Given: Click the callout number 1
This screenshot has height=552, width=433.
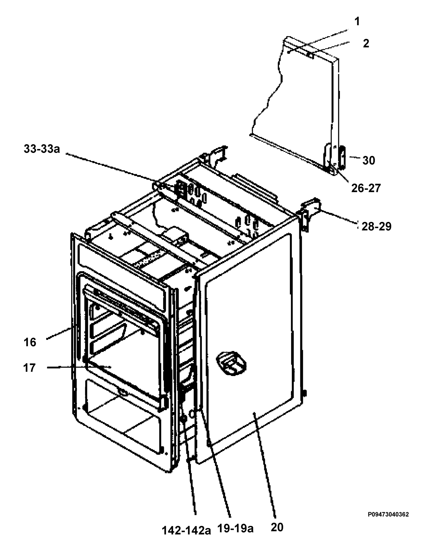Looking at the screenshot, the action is click(357, 22).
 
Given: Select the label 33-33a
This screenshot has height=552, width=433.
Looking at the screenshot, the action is click(42, 149).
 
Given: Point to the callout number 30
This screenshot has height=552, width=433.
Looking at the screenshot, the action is click(369, 160).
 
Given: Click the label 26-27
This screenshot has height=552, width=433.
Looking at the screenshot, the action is click(366, 188).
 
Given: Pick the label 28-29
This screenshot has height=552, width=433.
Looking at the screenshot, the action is click(376, 227).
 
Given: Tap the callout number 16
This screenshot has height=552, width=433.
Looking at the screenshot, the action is click(30, 342).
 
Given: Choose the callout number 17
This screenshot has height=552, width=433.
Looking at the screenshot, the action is click(29, 368).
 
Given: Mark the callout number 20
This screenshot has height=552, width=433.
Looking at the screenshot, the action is click(277, 527).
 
